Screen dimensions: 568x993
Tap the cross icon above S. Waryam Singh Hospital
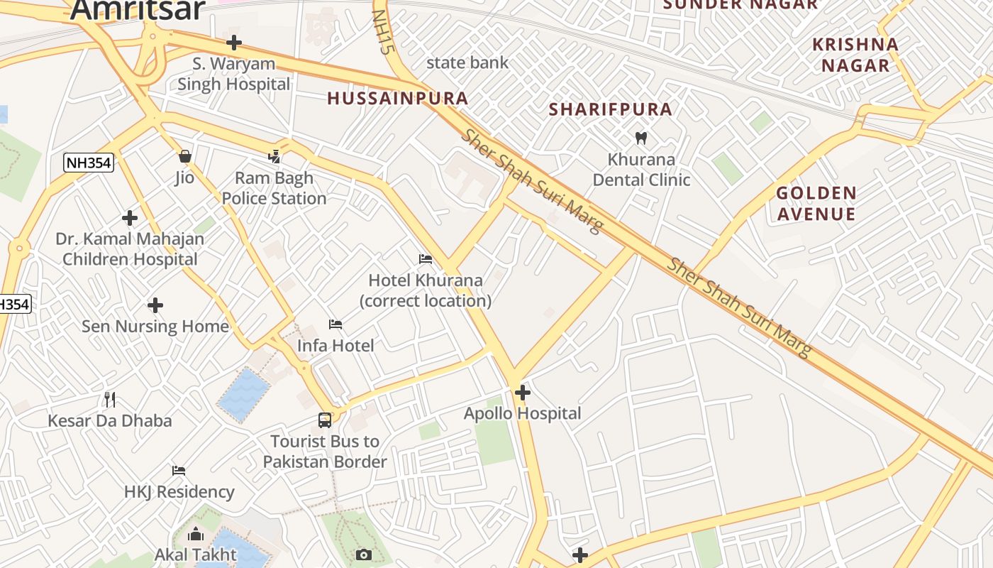[233, 43]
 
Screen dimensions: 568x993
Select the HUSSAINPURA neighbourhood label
[397, 99]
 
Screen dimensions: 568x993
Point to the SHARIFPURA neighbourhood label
[611, 109]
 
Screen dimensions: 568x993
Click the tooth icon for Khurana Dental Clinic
[641, 138]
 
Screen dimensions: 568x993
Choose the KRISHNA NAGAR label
[855, 55]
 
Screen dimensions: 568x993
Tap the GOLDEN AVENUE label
[816, 203]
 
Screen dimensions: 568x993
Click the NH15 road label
[382, 32]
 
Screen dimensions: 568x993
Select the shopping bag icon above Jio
[184, 156]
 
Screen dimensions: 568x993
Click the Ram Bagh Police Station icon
[274, 156]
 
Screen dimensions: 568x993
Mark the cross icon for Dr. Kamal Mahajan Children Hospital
[129, 217]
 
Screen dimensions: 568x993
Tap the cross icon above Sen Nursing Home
[155, 305]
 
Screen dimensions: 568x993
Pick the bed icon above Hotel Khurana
[426, 259]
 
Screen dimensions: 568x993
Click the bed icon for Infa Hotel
[335, 324]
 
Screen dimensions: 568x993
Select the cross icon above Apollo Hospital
[523, 392]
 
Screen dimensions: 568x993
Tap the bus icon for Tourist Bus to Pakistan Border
[325, 420]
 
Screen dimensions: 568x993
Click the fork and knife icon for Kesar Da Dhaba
[109, 399]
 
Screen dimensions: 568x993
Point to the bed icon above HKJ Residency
[179, 470]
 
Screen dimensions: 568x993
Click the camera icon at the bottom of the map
[364, 555]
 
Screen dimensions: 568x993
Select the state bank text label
[467, 62]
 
